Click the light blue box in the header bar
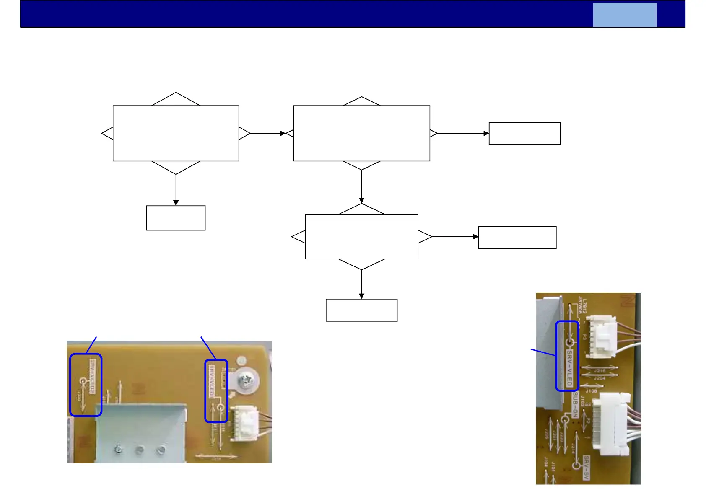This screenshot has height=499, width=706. [625, 15]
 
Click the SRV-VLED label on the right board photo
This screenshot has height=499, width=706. [569, 368]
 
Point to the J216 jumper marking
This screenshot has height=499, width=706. [600, 371]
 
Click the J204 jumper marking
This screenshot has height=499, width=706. [600, 378]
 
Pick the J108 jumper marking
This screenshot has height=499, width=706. [592, 391]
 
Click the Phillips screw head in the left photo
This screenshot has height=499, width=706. [245, 380]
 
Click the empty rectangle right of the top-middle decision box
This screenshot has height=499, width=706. [524, 133]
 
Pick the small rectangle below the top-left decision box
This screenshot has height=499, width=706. [176, 218]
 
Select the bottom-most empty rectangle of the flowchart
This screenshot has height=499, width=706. [361, 310]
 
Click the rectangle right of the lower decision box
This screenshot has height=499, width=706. [517, 238]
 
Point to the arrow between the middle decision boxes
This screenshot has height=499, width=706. [361, 187]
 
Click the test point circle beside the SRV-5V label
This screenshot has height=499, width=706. [576, 465]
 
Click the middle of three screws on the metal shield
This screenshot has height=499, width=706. [139, 450]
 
